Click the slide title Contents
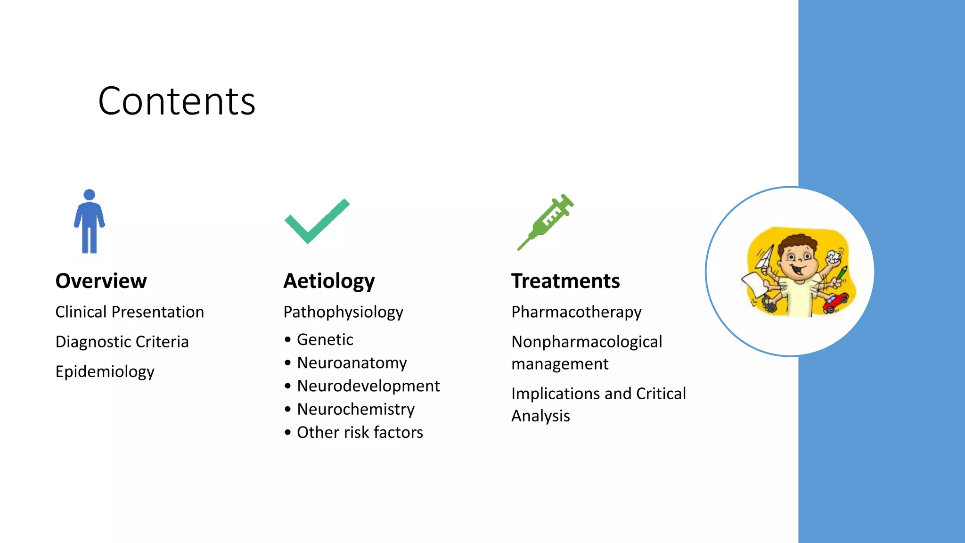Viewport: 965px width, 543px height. point(177,101)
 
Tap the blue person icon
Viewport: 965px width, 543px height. point(89,222)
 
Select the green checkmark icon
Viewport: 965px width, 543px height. point(317,222)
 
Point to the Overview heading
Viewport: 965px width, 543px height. point(101,281)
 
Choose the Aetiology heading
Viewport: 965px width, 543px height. point(329,281)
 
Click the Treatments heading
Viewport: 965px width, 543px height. point(565,281)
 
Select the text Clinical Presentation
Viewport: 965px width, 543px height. point(130,312)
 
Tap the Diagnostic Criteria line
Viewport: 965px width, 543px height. point(122,342)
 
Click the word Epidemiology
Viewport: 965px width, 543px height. point(105,371)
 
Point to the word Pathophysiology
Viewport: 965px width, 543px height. point(343,312)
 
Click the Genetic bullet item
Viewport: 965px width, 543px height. point(325,339)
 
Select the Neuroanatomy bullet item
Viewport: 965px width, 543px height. point(352,363)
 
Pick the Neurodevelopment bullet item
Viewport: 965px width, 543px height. point(368,386)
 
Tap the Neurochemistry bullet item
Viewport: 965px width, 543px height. point(356,409)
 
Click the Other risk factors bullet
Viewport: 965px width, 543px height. point(360,432)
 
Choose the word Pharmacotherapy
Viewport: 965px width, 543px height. point(576,312)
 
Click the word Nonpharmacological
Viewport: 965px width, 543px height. point(587,342)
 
